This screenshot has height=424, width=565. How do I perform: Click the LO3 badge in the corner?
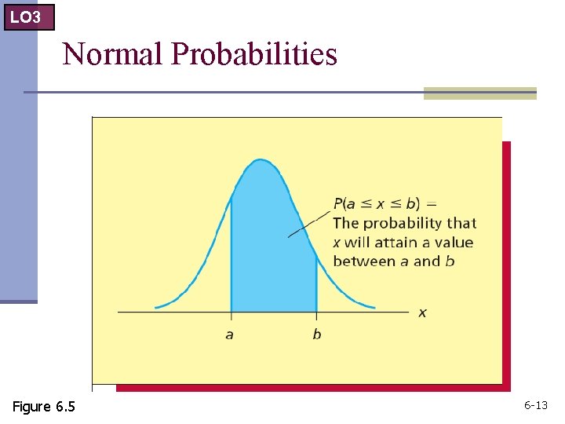pyautogui.click(x=28, y=16)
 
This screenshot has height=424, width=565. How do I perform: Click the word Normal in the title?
pyautogui.click(x=112, y=54)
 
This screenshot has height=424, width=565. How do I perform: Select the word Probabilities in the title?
pyautogui.click(x=253, y=55)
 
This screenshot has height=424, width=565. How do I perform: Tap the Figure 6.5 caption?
pyautogui.click(x=44, y=406)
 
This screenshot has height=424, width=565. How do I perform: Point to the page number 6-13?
pyautogui.click(x=536, y=406)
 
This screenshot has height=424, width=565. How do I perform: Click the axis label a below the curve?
pyautogui.click(x=229, y=334)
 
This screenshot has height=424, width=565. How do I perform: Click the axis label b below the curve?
pyautogui.click(x=316, y=334)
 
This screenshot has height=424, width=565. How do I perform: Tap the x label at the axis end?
pyautogui.click(x=422, y=313)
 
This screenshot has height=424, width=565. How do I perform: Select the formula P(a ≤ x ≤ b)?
pyautogui.click(x=376, y=203)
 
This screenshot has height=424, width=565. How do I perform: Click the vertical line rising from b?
pyautogui.click(x=316, y=283)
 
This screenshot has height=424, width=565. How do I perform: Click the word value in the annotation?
pyautogui.click(x=453, y=242)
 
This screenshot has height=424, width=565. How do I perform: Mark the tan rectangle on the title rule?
pyautogui.click(x=479, y=93)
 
